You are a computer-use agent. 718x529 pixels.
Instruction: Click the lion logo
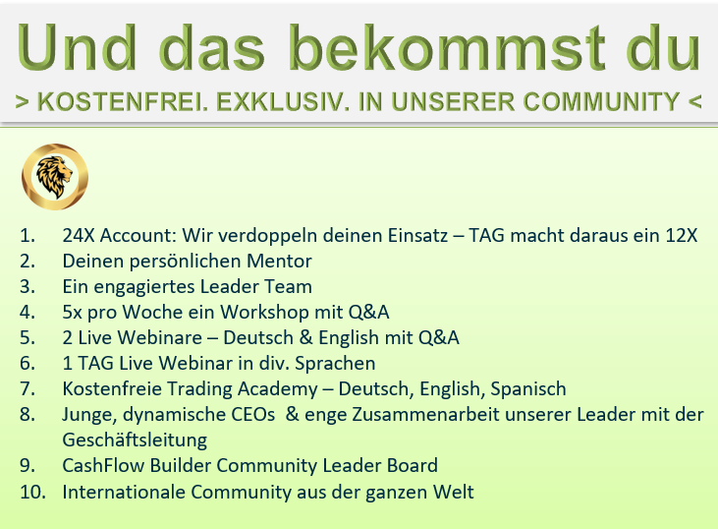[x=55, y=178]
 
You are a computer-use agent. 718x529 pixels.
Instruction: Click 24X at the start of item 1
[x=79, y=236]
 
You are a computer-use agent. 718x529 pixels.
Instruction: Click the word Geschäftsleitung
[x=135, y=440]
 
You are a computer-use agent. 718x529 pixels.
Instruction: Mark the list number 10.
[x=31, y=492]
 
